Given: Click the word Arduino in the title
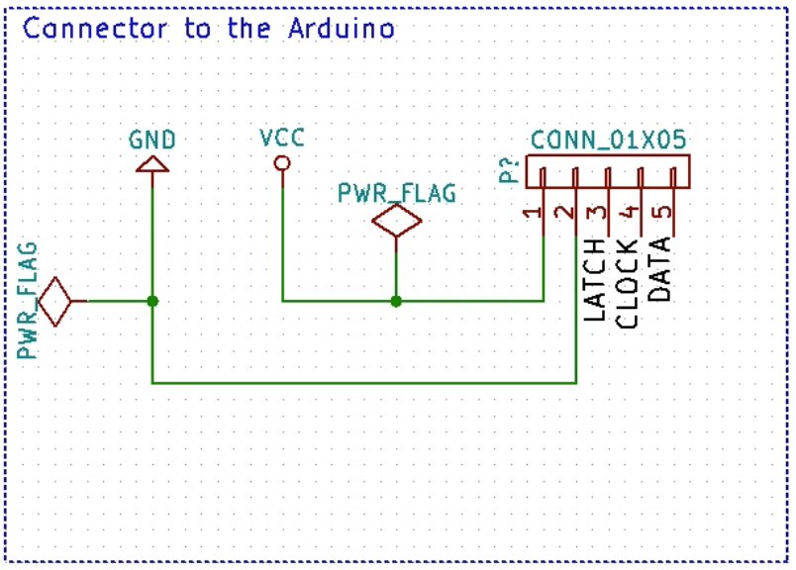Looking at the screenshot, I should coord(342,28).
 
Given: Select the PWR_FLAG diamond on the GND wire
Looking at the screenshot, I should coord(54,301).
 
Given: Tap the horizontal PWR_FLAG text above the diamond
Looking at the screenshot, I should coord(397,193).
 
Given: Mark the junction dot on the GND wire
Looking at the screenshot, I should coord(151,301).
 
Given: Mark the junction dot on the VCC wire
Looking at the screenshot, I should coord(396,301).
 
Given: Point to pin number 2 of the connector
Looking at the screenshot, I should coord(564,212).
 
